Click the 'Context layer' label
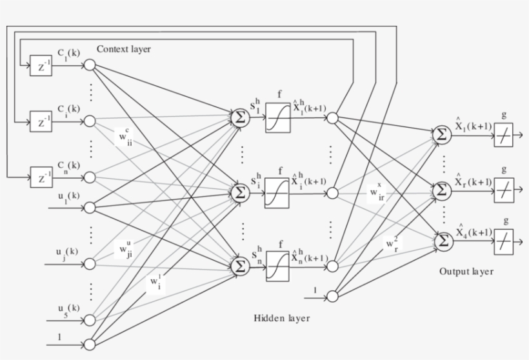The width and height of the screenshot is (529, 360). (124, 49)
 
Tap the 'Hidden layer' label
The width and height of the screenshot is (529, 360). (281, 317)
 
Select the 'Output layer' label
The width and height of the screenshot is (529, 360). (466, 271)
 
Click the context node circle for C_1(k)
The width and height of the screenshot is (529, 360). (90, 66)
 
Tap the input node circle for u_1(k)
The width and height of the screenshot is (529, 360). (90, 207)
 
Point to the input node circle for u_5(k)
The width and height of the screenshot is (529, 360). (90, 318)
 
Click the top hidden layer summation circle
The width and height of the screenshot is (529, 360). (240, 117)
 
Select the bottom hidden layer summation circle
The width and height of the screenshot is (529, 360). (240, 265)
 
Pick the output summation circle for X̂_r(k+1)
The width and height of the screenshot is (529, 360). (443, 190)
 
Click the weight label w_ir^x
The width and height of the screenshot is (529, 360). (377, 193)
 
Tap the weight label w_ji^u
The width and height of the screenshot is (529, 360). (125, 248)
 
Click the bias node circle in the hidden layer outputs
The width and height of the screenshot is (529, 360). (332, 296)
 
